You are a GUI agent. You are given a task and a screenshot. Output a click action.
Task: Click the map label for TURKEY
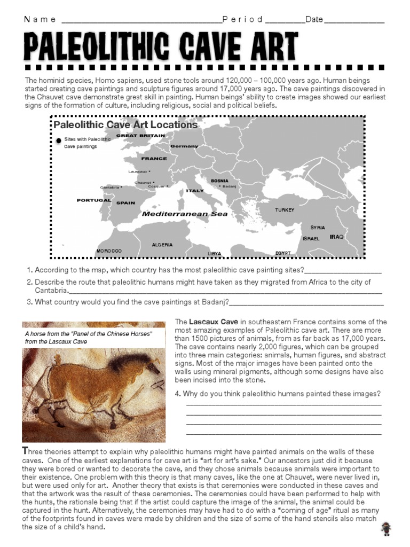[x=285, y=210]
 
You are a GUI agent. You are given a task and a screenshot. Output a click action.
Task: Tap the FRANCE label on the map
[x=154, y=159]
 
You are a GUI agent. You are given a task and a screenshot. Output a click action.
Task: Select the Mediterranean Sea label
[x=185, y=214]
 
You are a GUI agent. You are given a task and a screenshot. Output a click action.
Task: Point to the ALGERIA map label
[x=162, y=245]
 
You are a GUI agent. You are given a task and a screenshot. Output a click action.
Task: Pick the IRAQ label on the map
[x=336, y=236]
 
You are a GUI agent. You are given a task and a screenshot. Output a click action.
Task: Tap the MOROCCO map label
[x=109, y=251]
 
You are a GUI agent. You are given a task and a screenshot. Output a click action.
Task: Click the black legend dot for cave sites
[x=58, y=140]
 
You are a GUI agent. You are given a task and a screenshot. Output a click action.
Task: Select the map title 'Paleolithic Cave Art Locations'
[x=125, y=125]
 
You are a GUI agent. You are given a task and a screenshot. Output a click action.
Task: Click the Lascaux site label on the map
[x=138, y=171]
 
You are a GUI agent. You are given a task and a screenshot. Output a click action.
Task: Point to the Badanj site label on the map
[x=228, y=186]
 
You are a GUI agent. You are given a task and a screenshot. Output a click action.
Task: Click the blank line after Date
[x=354, y=21]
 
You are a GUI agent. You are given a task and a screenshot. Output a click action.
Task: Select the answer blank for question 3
[x=306, y=303]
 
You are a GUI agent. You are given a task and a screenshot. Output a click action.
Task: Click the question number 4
[x=177, y=394]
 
